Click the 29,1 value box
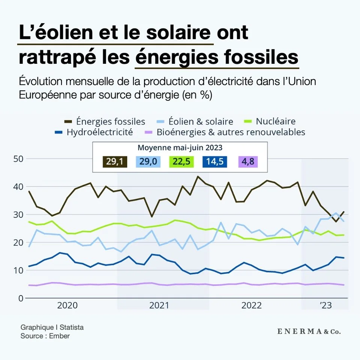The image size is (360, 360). point(115,162)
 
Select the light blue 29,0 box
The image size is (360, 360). point(148,162)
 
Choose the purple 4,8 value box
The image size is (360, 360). point(247,162)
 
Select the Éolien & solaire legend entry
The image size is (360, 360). point(201,121)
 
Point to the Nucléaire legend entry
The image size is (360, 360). point(276,121)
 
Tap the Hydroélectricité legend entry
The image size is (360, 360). point(99,132)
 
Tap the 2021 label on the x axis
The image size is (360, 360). point(159,305)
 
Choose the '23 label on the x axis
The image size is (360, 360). point(325,305)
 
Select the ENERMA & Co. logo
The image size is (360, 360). point(309,331)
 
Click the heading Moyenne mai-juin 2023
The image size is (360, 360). point(180,148)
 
